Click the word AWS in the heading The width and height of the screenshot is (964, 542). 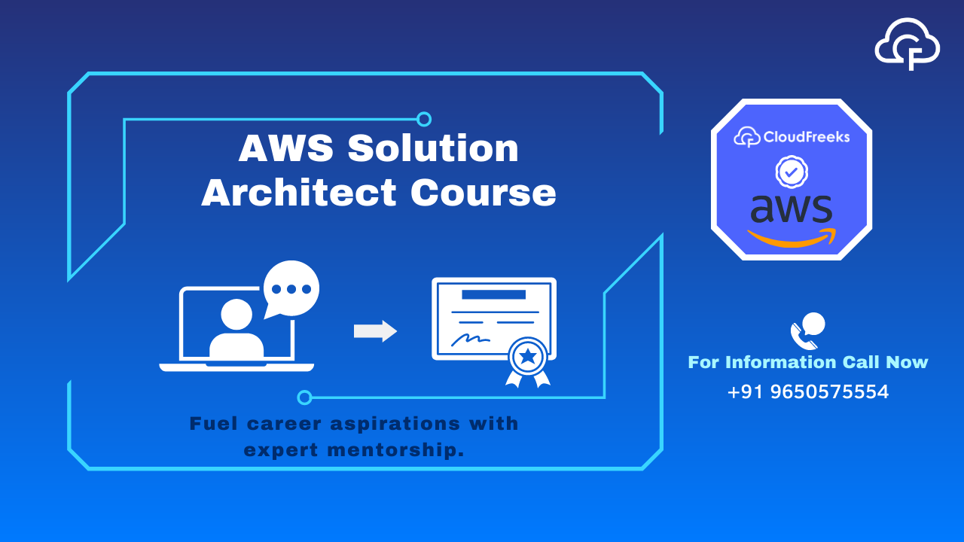coord(286,148)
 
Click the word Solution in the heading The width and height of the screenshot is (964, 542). coord(433,148)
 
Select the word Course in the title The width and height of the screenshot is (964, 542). coord(484,193)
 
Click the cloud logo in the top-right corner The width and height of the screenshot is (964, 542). coord(908,44)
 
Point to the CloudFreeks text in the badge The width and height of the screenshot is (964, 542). coord(807,137)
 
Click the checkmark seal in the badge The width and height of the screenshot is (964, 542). coord(792,172)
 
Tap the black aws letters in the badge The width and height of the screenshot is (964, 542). coord(791,209)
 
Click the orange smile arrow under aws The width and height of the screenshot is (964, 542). coord(792,238)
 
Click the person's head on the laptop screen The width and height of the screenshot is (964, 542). coord(236,315)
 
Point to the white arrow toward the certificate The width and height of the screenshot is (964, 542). coord(375,331)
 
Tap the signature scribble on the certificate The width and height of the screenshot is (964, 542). coord(471,340)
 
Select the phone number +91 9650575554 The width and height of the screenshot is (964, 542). coord(808,392)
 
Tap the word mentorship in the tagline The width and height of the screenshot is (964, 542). coord(396,450)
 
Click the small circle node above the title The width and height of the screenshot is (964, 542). coord(424,119)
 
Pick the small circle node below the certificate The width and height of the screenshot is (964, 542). coord(304,397)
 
